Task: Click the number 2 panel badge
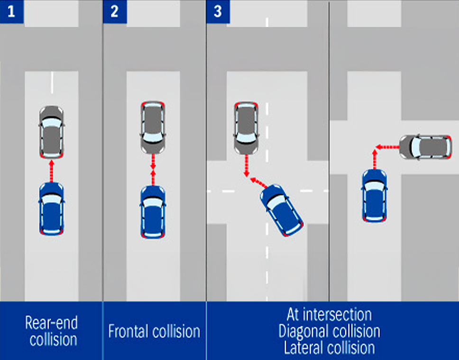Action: (114, 11)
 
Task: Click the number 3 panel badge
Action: (218, 11)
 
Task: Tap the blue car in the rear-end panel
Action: (52, 208)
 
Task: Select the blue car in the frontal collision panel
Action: (153, 212)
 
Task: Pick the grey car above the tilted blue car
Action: (246, 127)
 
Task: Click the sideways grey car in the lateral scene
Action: (425, 147)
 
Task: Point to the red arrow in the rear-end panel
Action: (52, 171)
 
